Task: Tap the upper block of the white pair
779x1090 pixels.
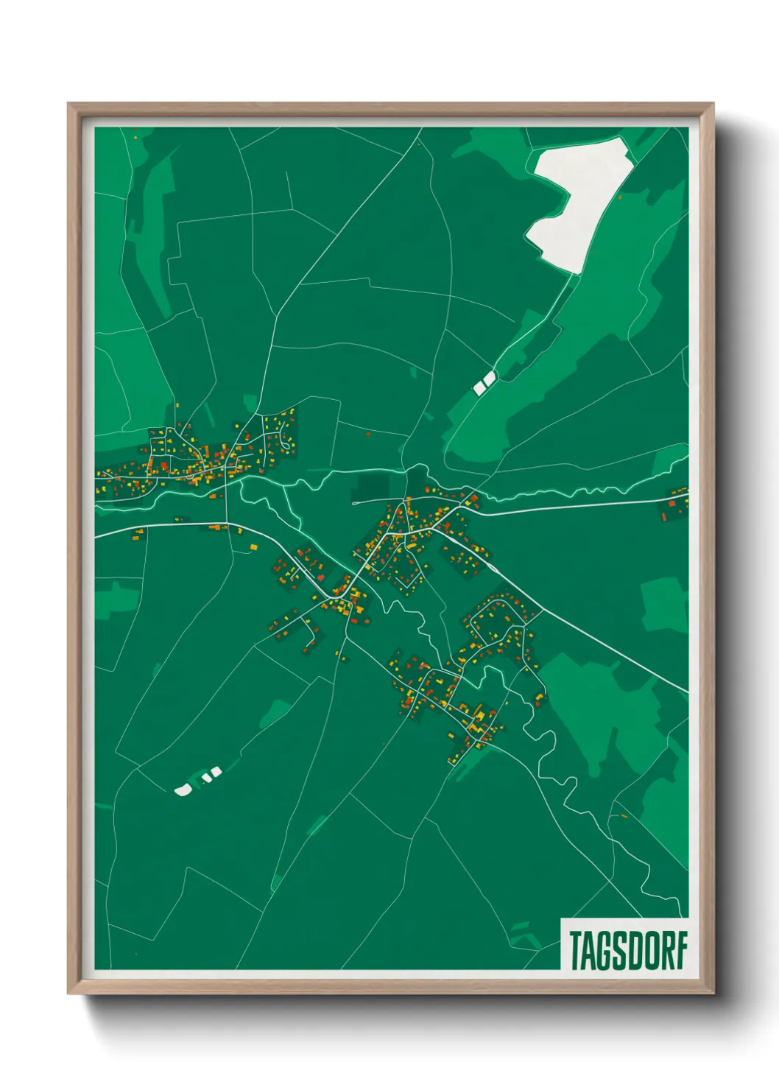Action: [490, 378]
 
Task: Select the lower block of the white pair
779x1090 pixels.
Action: [480, 386]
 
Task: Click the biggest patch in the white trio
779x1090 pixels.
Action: [182, 790]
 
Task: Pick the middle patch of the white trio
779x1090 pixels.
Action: [207, 776]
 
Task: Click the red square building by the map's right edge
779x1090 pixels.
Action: [672, 504]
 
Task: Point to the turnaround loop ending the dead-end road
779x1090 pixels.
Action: [356, 502]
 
